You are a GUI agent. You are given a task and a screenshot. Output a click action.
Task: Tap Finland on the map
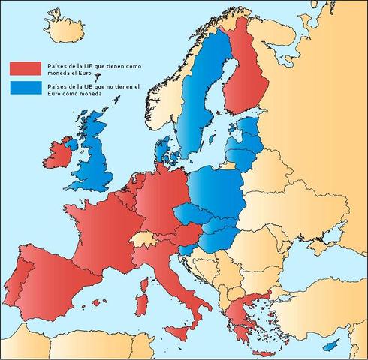point(249,82)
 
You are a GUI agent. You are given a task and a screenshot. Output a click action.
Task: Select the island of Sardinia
point(141,304)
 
